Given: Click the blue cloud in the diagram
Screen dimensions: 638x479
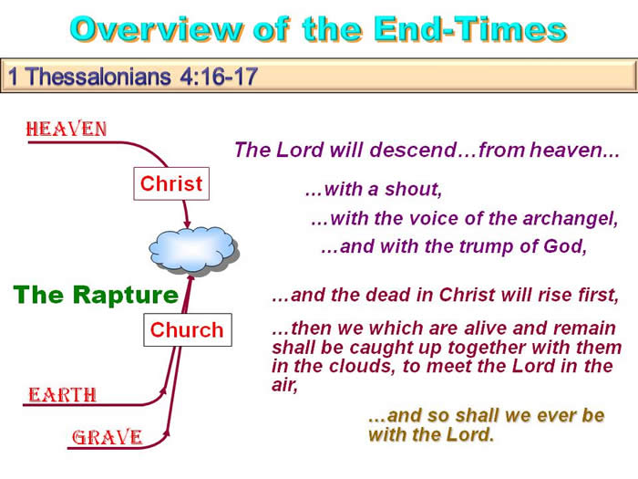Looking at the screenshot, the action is [x=193, y=250].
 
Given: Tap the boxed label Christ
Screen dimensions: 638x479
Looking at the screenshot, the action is [x=171, y=183].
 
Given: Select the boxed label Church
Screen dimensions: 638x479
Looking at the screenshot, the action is [x=188, y=330].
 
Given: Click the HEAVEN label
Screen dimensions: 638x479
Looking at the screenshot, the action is [x=67, y=130].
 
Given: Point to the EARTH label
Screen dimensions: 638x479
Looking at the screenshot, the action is [x=62, y=395].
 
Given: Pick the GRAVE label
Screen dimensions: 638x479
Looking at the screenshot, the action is [x=108, y=437].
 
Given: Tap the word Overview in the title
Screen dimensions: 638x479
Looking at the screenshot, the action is [x=157, y=29].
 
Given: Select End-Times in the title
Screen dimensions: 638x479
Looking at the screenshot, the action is [x=470, y=29].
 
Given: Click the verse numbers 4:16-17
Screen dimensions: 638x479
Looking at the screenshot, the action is [x=219, y=76].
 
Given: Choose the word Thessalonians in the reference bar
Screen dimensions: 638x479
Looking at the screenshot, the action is [x=98, y=76].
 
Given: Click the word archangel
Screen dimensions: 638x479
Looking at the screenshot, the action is [x=571, y=219].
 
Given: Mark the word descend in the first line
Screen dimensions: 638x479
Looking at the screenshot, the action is [x=413, y=150].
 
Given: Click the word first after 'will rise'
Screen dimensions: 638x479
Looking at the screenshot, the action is [x=599, y=295].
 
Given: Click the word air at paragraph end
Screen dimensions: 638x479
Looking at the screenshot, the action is [x=284, y=384].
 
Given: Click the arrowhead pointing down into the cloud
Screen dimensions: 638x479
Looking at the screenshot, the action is [x=187, y=224].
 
